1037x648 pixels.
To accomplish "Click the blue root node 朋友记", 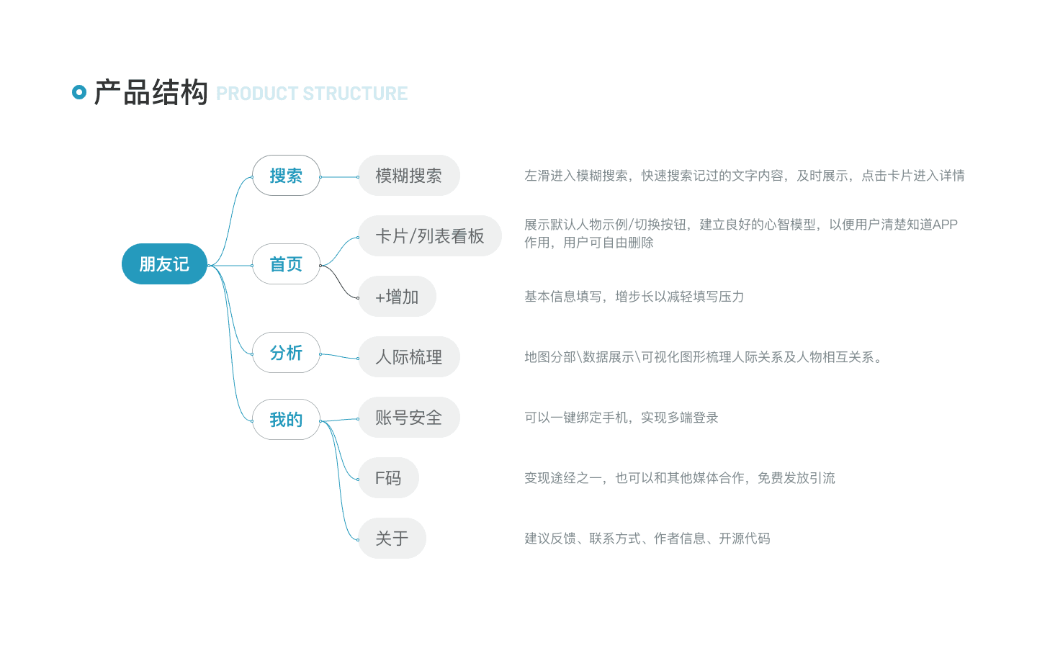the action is click(164, 264).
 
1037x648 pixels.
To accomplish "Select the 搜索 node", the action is click(286, 176).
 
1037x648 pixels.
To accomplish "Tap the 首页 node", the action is click(286, 264).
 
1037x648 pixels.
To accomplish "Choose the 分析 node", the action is click(286, 352).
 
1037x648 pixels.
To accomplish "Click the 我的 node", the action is click(286, 419).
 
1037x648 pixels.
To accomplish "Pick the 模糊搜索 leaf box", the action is click(409, 176).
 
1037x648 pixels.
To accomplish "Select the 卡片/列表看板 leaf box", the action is click(430, 235).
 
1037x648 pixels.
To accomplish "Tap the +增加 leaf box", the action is click(397, 296).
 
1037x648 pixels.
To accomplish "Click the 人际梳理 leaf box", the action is click(409, 357).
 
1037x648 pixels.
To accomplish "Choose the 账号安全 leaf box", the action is click(409, 417).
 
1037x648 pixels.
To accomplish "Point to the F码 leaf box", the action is click(388, 477).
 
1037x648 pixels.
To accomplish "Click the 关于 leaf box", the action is click(392, 538).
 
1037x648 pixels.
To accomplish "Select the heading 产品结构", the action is click(151, 92).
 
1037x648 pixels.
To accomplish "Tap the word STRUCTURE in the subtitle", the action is click(355, 94).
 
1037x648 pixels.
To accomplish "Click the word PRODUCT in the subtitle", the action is click(257, 94).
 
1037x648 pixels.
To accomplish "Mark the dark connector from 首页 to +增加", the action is click(339, 281).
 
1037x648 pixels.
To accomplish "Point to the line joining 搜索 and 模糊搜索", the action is click(339, 177).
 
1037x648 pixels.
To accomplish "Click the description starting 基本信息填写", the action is click(634, 296).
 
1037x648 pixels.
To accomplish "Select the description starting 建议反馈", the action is click(647, 539).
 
